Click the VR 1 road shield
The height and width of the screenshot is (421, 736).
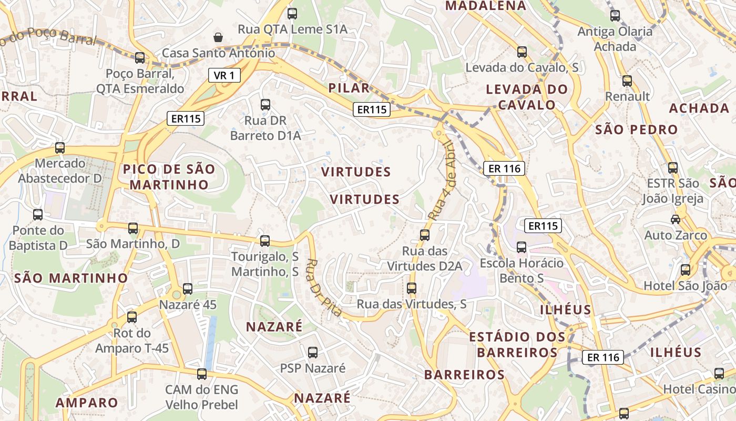click(x=224, y=75)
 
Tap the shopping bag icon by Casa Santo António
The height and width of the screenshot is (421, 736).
click(x=218, y=37)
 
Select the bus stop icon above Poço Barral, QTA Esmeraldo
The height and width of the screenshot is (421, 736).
click(x=140, y=58)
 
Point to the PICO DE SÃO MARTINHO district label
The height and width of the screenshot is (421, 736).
click(x=169, y=177)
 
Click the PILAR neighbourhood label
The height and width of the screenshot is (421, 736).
click(x=349, y=88)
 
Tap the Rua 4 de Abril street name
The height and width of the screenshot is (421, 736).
click(x=441, y=180)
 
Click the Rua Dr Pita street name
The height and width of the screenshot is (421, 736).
click(x=323, y=287)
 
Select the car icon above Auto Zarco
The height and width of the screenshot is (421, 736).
click(x=676, y=219)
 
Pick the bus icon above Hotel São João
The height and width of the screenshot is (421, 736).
click(x=686, y=270)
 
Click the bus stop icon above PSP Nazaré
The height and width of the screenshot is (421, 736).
click(x=313, y=353)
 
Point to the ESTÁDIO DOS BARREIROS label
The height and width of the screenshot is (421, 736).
click(x=517, y=344)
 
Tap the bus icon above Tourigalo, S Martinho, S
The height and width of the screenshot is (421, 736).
click(x=265, y=241)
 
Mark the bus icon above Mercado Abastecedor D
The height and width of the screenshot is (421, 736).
click(x=60, y=148)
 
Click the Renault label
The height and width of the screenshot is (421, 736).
click(x=628, y=96)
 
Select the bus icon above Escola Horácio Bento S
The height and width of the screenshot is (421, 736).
click(x=522, y=247)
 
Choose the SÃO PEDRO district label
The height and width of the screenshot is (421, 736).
click(x=636, y=129)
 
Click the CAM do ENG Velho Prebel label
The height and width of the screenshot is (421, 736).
click(x=202, y=397)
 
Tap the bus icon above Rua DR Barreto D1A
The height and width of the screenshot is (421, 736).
click(x=265, y=105)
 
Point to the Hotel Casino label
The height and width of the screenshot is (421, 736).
click(x=699, y=389)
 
